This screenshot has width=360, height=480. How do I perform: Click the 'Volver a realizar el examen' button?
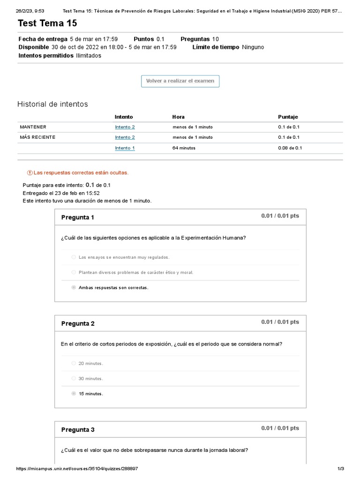[x=180, y=81]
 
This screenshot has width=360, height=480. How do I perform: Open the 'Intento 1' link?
[x=125, y=148]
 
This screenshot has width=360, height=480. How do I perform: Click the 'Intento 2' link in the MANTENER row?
[x=125, y=127]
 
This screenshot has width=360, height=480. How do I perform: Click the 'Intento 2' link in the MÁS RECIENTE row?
[x=125, y=137]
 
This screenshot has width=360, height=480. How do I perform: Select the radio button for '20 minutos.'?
[x=74, y=363]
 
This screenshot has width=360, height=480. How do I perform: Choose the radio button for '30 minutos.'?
[x=74, y=378]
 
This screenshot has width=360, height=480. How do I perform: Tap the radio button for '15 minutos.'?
[x=74, y=394]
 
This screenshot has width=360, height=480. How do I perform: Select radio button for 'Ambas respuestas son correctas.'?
[x=74, y=287]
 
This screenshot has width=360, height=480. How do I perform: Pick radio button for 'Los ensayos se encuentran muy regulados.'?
[x=74, y=257]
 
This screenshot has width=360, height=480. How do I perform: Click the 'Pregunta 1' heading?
[x=78, y=217]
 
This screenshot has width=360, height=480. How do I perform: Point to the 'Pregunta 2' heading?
[x=78, y=323]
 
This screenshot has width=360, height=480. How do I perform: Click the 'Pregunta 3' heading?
[x=78, y=430]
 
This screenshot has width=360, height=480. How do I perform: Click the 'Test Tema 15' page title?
[x=47, y=23]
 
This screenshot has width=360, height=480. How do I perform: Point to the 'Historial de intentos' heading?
[x=52, y=104]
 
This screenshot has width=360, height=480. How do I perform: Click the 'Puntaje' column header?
[x=288, y=117]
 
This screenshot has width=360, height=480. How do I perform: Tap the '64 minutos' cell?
[x=184, y=148]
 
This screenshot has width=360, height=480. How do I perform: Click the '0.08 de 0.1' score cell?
[x=290, y=148]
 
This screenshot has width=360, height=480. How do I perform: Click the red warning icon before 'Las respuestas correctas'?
[x=30, y=172]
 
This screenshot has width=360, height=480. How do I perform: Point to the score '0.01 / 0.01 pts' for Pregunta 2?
[x=280, y=322]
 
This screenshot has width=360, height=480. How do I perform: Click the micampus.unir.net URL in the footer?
[x=77, y=469]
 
